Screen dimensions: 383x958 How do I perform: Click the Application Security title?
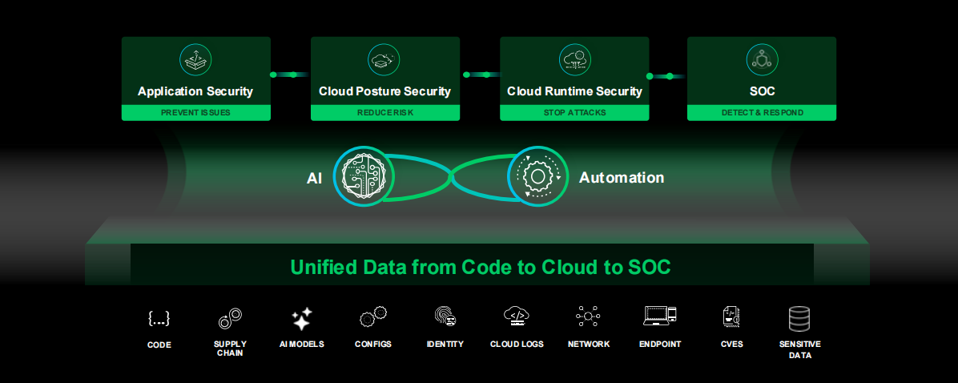point(195,91)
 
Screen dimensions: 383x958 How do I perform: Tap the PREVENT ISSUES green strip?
point(195,113)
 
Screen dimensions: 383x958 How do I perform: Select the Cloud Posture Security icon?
point(384,59)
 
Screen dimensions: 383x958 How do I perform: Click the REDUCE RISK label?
point(384,113)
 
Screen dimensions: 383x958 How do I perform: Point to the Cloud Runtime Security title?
point(574,91)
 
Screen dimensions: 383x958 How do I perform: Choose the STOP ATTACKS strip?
point(574,113)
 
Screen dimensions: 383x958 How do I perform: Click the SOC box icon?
point(762,59)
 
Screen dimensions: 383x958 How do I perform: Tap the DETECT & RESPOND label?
point(762,113)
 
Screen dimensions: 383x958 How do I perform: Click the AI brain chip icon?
point(364,175)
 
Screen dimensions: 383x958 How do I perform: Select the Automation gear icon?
point(537,175)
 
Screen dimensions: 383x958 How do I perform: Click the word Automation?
point(622,177)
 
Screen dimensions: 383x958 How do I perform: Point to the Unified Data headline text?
point(480,267)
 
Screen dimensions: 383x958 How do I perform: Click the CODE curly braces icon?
point(159,318)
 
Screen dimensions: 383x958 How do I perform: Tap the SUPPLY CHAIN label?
point(230,349)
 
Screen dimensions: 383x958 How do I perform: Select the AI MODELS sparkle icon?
point(301,319)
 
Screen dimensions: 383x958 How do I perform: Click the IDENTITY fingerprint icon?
point(445,316)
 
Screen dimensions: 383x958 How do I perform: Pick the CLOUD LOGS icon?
point(517,316)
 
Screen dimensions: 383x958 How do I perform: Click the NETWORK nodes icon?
point(588,317)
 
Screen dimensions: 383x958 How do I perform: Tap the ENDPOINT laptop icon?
point(660,316)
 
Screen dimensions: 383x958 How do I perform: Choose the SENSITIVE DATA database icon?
point(799,319)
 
